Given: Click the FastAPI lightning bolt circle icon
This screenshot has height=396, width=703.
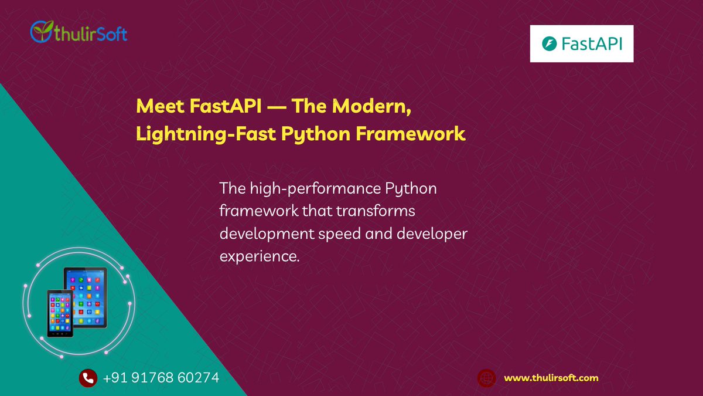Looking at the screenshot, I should (x=549, y=43).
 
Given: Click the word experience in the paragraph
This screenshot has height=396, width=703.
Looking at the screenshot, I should (x=257, y=255).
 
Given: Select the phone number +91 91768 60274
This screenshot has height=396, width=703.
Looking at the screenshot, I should (x=161, y=378).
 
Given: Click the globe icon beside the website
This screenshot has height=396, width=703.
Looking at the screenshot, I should (x=486, y=378).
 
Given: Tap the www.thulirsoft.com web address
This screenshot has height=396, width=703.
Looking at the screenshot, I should (x=551, y=378).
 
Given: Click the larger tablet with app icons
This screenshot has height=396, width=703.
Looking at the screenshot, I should (x=88, y=293).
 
